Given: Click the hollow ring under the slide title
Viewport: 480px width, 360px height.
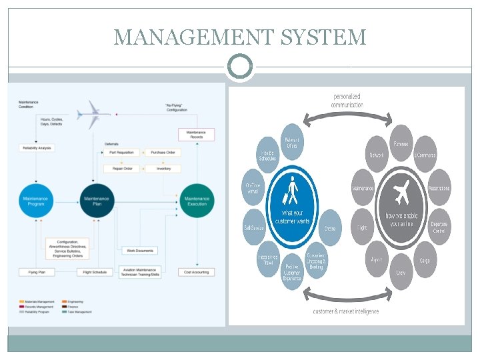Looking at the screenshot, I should pos(240,67).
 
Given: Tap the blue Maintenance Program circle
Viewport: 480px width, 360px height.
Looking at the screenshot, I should pos(37,200).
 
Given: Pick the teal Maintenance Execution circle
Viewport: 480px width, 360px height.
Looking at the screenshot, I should pos(196,200).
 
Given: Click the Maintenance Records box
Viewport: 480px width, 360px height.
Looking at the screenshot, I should pos(196,135).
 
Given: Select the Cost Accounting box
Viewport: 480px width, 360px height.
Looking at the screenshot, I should pos(196,272).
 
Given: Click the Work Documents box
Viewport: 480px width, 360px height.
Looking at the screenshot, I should pos(139,251).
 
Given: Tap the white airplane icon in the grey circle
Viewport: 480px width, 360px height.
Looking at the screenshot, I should pos(401,194).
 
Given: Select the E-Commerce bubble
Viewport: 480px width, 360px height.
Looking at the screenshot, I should pos(425,155).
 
